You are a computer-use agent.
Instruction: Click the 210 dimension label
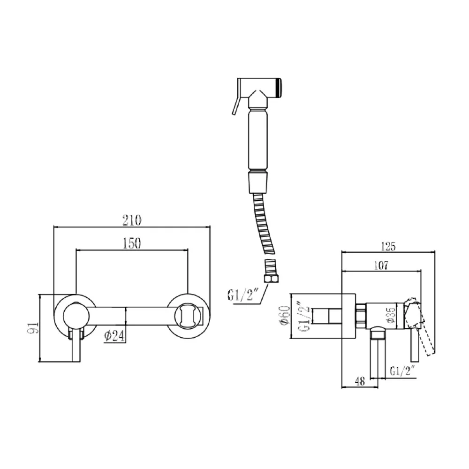click(x=132, y=220)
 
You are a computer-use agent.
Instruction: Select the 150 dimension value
click(x=132, y=243)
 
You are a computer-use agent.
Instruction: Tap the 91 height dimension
click(x=34, y=328)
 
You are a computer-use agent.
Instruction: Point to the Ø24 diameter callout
click(x=114, y=336)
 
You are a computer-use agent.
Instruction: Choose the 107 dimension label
click(x=381, y=265)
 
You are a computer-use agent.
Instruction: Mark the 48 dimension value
click(x=360, y=381)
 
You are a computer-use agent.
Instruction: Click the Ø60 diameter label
click(x=285, y=315)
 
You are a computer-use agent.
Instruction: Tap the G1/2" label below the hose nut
click(x=243, y=295)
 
